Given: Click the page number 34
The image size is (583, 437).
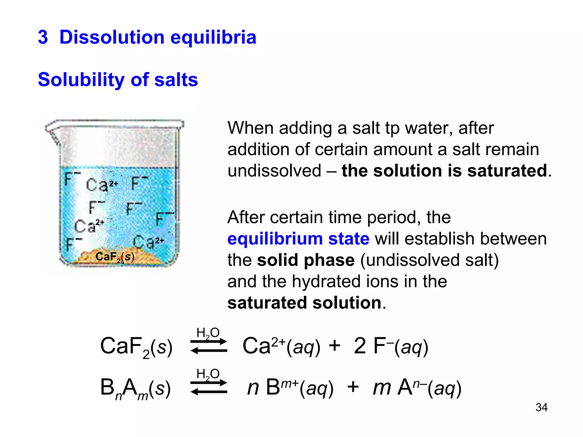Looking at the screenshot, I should [541, 407].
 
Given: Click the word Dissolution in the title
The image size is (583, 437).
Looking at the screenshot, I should [112, 37].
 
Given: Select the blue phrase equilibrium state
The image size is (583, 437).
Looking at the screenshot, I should [298, 239].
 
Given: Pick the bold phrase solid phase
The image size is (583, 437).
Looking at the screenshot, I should [306, 260].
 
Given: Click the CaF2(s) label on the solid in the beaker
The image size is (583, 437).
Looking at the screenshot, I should [115, 257].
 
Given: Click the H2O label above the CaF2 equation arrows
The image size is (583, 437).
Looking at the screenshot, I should [208, 333].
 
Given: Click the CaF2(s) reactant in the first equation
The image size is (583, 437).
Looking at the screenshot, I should [136, 347].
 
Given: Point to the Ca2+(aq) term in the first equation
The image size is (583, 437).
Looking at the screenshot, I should [281, 347].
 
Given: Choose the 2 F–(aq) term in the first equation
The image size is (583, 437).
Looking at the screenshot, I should [391, 347].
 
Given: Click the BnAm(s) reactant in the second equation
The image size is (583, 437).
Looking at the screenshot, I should [136, 388].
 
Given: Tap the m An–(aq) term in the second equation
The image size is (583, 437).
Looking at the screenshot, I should [417, 388].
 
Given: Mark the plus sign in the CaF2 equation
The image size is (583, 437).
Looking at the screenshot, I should [334, 346].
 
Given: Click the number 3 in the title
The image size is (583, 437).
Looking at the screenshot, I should [43, 37].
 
